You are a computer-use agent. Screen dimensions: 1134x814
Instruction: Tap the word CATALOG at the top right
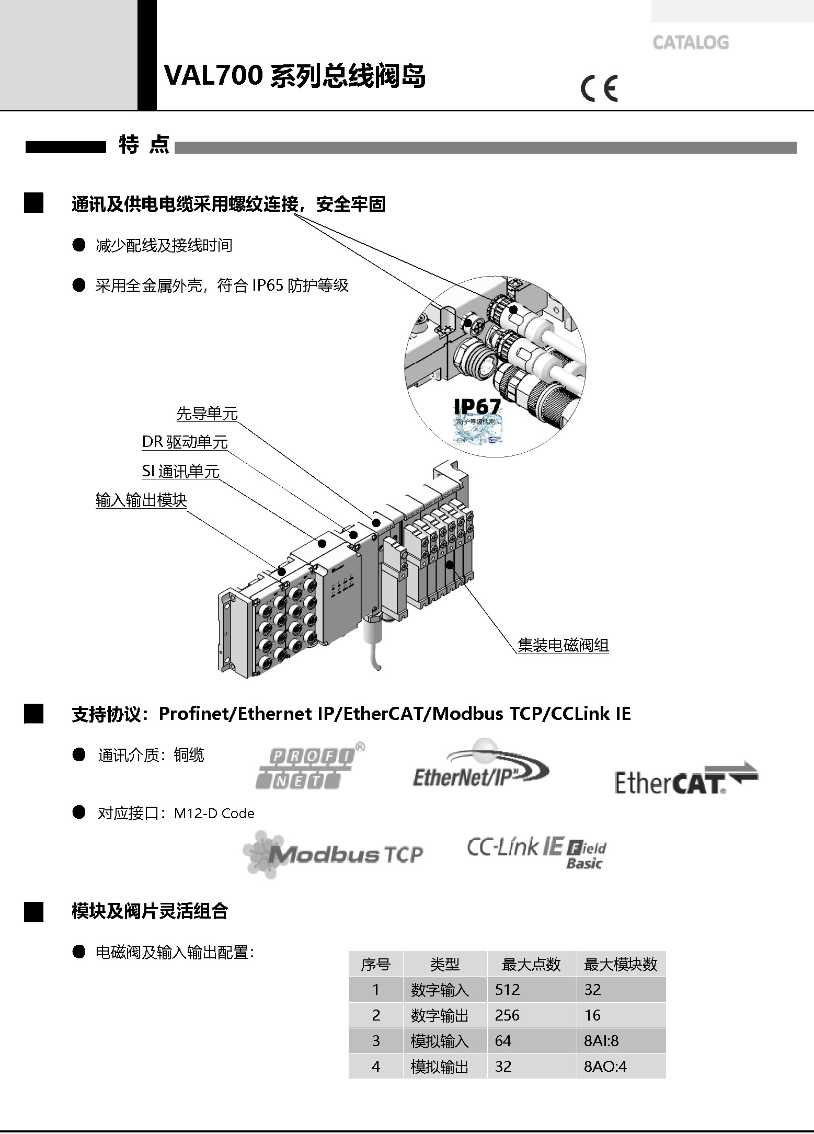click(x=690, y=42)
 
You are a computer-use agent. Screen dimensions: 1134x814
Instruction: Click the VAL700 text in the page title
click(x=213, y=76)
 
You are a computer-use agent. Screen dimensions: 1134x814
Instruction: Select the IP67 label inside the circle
click(x=477, y=406)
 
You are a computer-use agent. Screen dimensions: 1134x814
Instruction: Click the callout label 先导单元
click(x=207, y=414)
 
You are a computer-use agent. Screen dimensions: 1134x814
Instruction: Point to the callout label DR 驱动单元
click(x=185, y=442)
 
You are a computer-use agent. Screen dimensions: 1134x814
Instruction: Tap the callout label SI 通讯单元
click(x=180, y=472)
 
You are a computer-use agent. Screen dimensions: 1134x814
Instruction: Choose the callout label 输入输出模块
click(x=141, y=500)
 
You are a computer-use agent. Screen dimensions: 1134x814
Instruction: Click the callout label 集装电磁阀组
click(x=563, y=645)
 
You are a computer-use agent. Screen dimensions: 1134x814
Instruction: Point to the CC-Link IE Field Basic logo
click(x=536, y=852)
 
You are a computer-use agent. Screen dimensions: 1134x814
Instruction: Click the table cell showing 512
click(x=507, y=989)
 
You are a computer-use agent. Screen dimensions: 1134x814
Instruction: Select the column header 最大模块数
click(x=620, y=964)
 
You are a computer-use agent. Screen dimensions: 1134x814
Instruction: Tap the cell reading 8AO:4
click(x=605, y=1066)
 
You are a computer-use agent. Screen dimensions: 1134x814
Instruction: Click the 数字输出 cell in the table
click(x=440, y=1015)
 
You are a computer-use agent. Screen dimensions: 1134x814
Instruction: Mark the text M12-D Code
click(x=214, y=814)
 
